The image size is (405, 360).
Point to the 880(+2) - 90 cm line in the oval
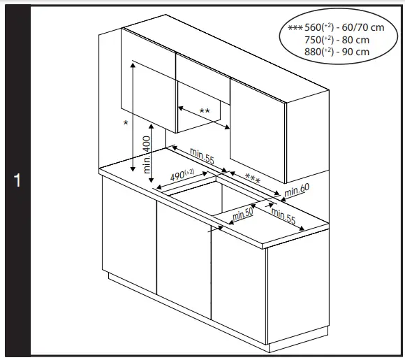tap(337, 51)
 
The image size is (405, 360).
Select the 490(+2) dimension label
tap(182, 174)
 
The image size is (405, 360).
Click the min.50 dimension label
tap(243, 213)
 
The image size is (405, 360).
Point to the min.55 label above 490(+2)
tap(201, 157)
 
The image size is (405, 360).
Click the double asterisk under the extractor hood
tap(205, 111)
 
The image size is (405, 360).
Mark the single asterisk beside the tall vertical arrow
tap(126, 123)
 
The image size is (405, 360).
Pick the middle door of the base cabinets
tap(184, 259)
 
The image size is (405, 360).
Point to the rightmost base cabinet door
tap(238, 283)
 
